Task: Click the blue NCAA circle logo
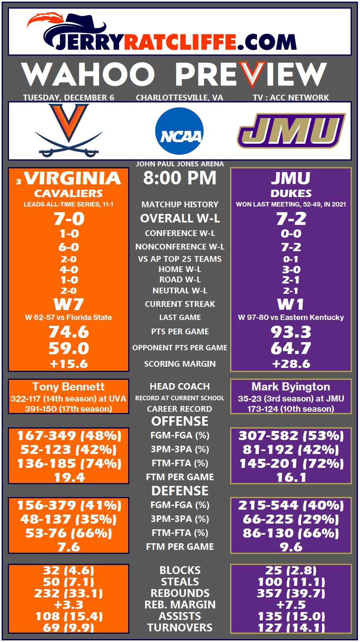pos(179,131)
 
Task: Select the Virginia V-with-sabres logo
pos(69,130)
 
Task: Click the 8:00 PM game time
pos(180,178)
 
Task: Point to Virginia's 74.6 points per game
pos(68,331)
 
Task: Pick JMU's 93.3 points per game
pos(291,332)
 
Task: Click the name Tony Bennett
pos(68,387)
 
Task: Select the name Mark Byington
pos(291,387)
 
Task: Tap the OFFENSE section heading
pos(180,421)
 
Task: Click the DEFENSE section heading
pos(180,491)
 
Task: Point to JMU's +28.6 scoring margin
pos(291,364)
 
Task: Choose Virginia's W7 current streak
pos(68,304)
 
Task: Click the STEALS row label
pos(180,582)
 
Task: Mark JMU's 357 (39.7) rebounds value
pos(291,593)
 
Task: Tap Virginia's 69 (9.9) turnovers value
pos(68,628)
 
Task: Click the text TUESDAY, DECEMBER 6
pos(68,98)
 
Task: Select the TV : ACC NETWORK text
pos(291,98)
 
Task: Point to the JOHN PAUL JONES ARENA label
pos(180,164)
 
